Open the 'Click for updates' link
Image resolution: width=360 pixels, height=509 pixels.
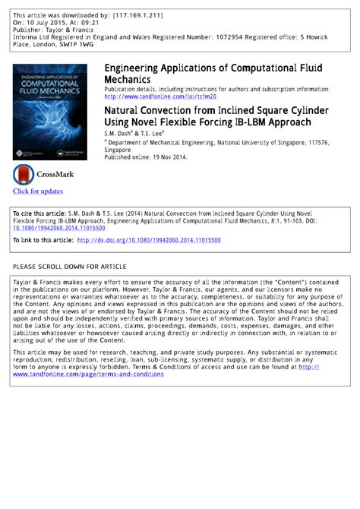[x=38, y=191]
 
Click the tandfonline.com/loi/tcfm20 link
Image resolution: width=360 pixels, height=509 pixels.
[x=159, y=96]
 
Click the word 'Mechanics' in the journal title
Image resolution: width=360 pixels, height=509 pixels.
[x=127, y=79]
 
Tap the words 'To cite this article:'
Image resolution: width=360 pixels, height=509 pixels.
[x=39, y=214]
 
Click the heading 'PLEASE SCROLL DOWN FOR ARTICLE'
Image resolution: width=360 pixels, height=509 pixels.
[x=70, y=267]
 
